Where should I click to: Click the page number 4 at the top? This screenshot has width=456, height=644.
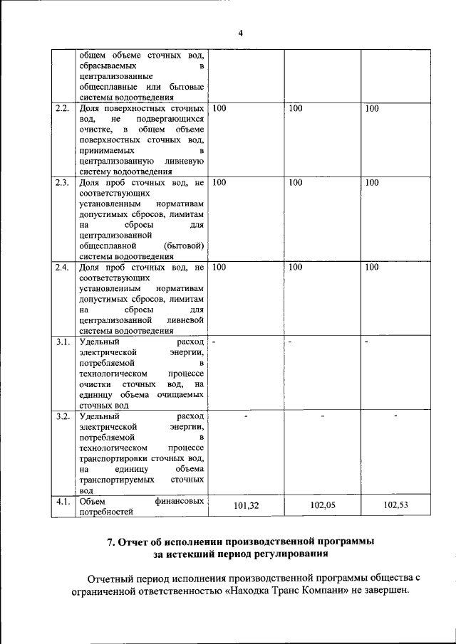[240, 33]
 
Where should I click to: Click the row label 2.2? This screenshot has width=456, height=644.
[62, 109]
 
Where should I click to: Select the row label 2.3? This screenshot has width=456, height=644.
[62, 183]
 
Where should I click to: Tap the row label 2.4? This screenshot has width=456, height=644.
[62, 268]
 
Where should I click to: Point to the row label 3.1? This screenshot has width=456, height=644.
[62, 342]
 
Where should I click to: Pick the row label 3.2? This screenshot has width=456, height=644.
[62, 416]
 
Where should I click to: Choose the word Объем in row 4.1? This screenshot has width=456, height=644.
[93, 501]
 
